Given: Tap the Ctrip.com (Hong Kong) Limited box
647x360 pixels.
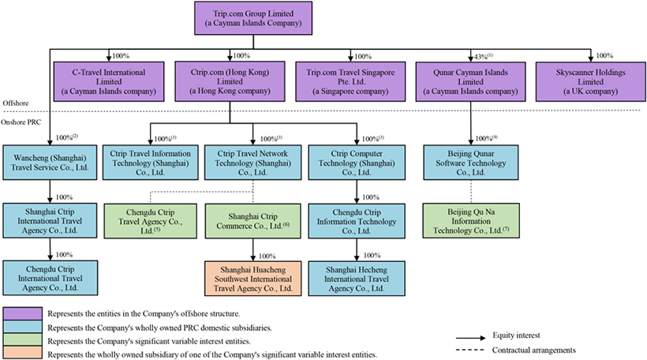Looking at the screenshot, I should (x=230, y=81).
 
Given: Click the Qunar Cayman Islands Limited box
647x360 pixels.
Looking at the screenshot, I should (x=472, y=81).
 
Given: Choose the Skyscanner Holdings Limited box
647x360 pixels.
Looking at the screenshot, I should (x=589, y=81).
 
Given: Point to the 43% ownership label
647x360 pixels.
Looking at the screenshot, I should (x=477, y=55).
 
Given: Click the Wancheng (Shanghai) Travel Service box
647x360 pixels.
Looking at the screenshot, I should (x=50, y=162).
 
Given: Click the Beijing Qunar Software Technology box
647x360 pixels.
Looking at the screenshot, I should (x=472, y=162).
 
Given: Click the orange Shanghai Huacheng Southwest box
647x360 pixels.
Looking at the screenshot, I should (x=252, y=279).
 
